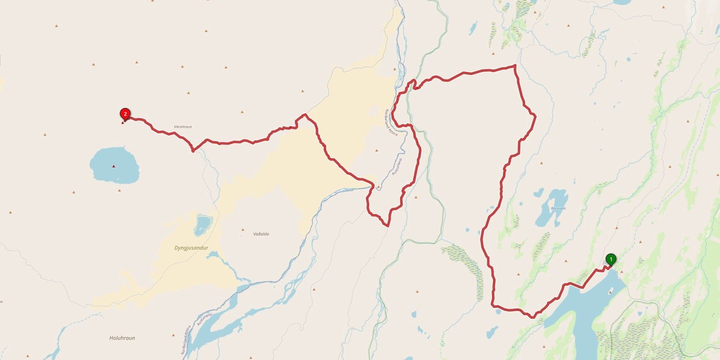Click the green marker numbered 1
click(x=610, y=259)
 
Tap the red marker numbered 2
click(x=125, y=114)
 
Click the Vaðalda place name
click(x=261, y=233)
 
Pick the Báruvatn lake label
click(x=558, y=208)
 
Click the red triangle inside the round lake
click(x=113, y=166)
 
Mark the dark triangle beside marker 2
click(x=123, y=122)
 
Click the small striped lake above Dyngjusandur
click(x=202, y=225)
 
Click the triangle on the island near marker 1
click(x=621, y=271)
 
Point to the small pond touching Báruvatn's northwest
click(x=538, y=192)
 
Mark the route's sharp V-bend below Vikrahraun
click(x=193, y=150)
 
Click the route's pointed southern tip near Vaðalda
click(x=388, y=226)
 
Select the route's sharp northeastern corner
click(x=515, y=65)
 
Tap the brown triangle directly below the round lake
click(x=119, y=190)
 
